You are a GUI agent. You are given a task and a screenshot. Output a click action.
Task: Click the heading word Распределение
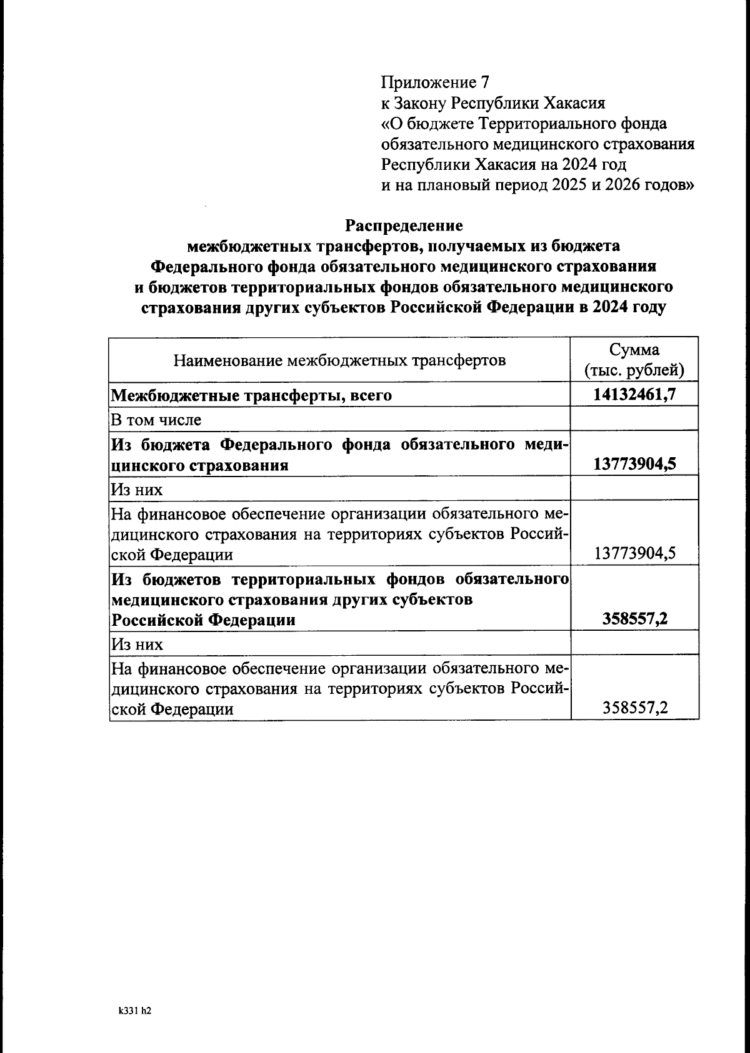click(404, 225)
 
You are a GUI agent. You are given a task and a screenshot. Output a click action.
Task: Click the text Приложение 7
click(436, 82)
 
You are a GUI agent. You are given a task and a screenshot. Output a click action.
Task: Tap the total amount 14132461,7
click(634, 395)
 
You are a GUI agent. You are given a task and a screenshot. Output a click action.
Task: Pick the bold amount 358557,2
click(634, 619)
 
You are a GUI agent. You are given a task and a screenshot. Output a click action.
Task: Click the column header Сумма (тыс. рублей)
click(634, 360)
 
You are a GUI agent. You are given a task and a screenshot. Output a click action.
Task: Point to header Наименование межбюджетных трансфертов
click(339, 360)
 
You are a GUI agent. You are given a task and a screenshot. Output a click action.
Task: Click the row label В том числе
click(156, 420)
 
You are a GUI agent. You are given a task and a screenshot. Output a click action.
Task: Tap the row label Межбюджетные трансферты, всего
click(251, 395)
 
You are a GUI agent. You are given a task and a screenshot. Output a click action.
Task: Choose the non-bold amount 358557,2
click(634, 708)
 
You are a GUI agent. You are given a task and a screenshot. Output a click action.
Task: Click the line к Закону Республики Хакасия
click(493, 103)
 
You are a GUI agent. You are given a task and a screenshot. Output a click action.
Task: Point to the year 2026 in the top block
click(622, 185)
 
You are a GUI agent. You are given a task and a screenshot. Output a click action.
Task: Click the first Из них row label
click(137, 489)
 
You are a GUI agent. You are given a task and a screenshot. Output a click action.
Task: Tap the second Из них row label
click(137, 644)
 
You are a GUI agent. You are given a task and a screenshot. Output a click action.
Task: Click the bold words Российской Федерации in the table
click(203, 620)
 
